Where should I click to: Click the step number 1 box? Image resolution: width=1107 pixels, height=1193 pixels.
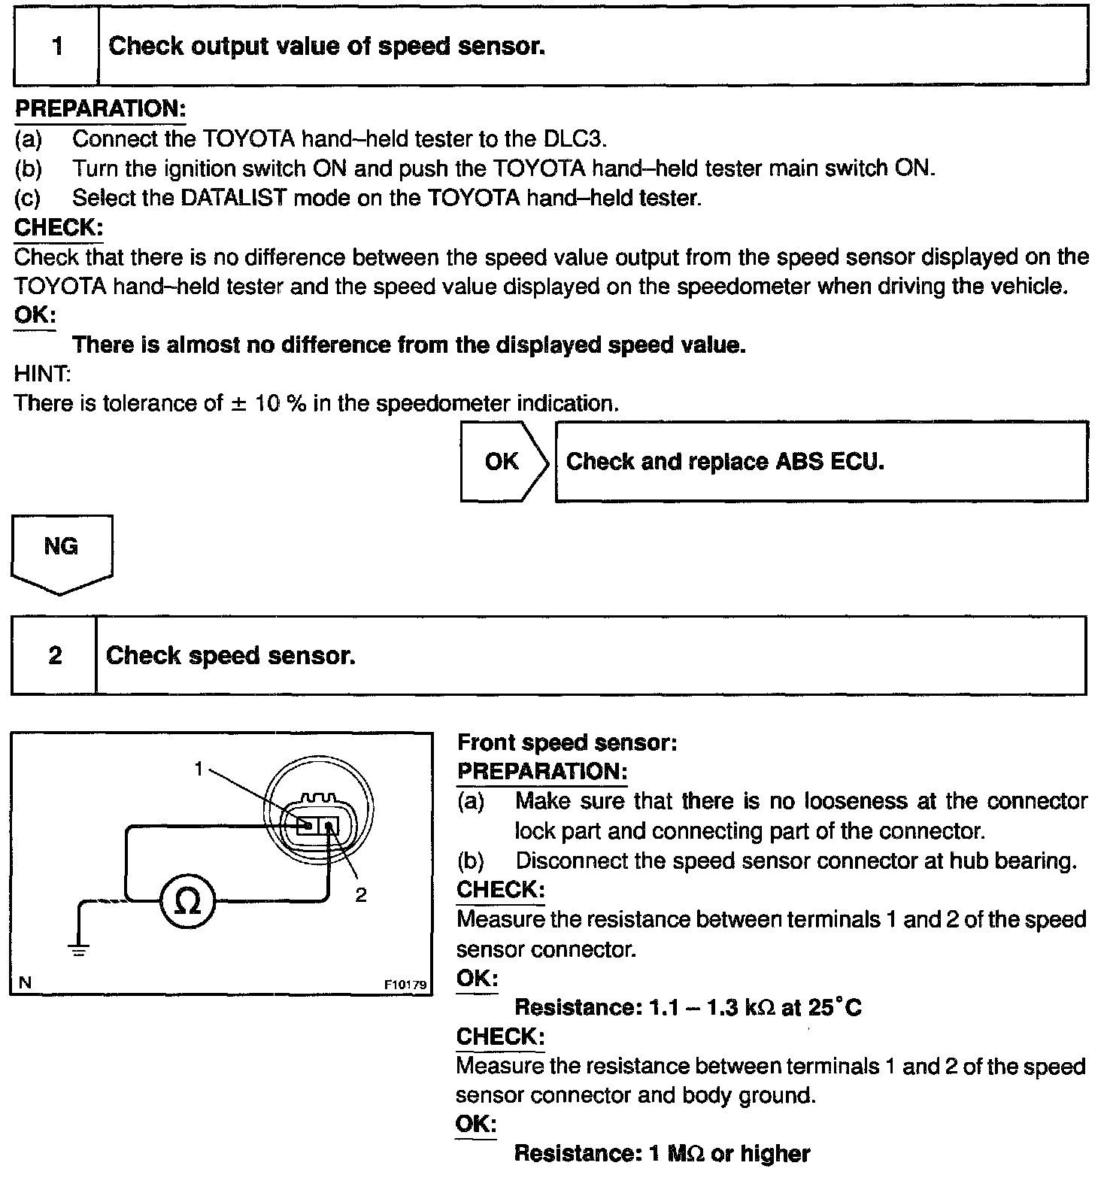[57, 47]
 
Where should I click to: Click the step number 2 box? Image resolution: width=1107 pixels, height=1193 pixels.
[55, 655]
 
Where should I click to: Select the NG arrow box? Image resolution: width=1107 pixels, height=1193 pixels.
[61, 548]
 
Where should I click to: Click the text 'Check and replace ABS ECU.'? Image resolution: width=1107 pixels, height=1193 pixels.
[725, 461]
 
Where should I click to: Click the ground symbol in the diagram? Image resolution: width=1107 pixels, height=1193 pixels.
[80, 949]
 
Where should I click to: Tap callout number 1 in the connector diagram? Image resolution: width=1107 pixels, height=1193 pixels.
[199, 768]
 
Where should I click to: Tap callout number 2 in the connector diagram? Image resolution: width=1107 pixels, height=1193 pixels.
[361, 895]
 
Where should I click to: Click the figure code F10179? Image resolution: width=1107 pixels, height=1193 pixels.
[405, 984]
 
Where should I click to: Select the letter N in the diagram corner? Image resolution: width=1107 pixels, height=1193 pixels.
[25, 982]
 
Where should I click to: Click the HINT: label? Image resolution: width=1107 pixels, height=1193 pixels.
[42, 374]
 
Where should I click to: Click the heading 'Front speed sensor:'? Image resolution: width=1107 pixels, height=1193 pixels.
[568, 743]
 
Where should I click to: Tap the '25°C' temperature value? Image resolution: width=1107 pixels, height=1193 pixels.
[836, 1008]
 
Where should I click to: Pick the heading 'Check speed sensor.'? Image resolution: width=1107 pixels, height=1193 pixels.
[230, 656]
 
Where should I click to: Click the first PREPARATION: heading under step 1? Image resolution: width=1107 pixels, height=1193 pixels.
[100, 109]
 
